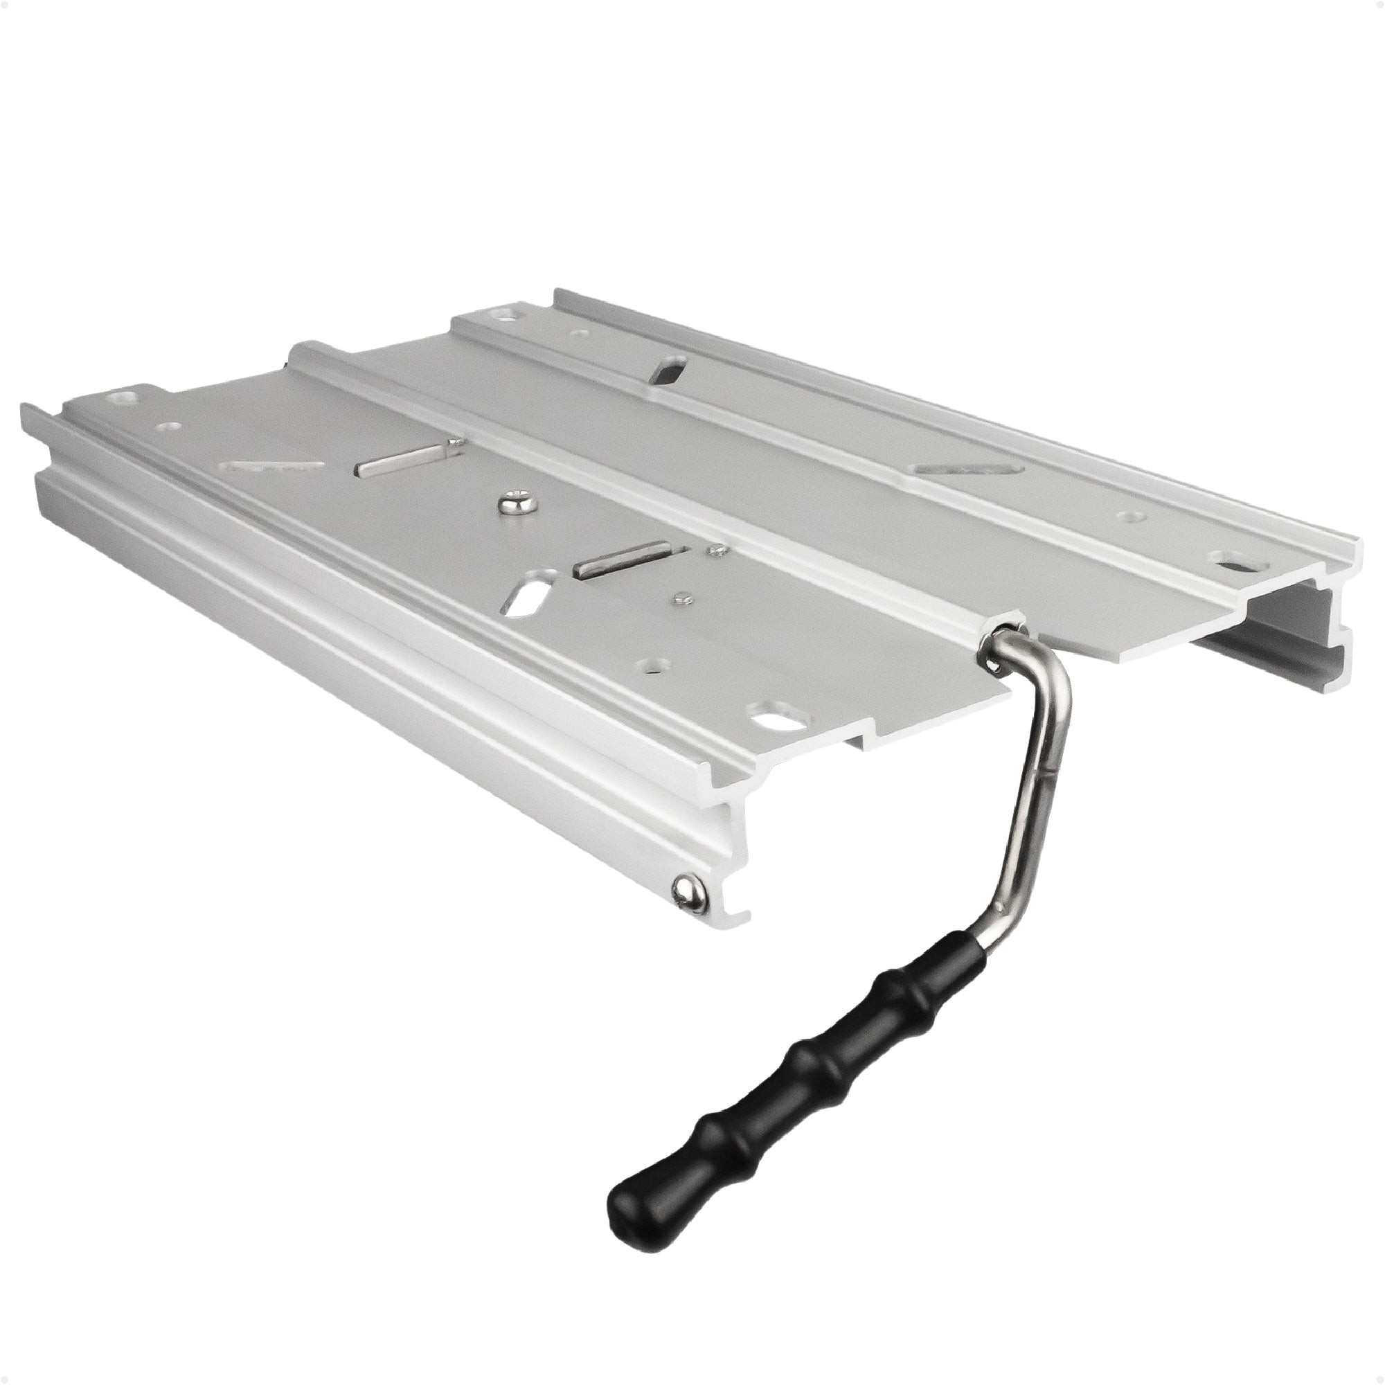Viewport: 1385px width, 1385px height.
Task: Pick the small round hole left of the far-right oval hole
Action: tap(1131, 515)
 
